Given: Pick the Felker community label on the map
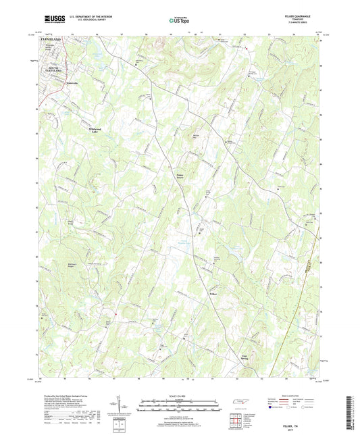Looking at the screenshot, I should (213, 293).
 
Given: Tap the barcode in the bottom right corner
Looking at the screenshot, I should (350, 412).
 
